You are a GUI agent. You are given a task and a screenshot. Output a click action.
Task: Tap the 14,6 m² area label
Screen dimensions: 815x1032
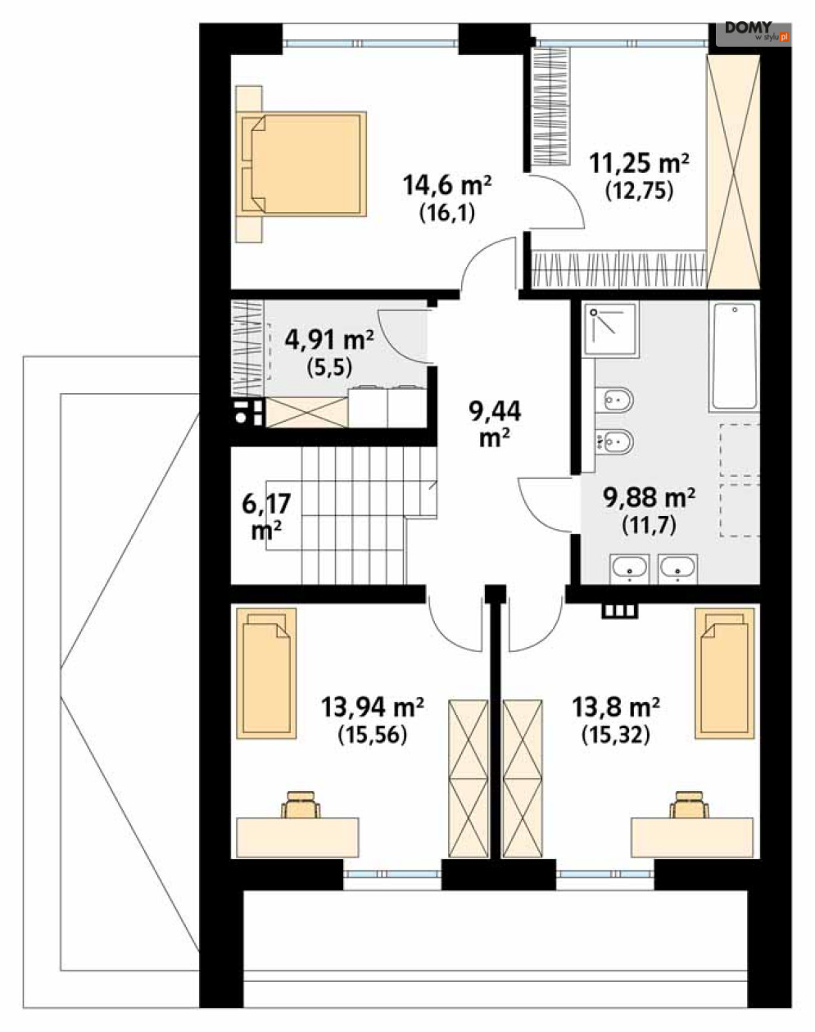click(447, 185)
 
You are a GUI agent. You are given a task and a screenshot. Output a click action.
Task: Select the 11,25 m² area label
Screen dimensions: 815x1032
click(639, 163)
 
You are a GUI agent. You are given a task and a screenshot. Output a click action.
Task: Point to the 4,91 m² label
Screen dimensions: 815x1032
click(329, 340)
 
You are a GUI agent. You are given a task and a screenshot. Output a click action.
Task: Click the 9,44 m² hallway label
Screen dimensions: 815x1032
click(495, 425)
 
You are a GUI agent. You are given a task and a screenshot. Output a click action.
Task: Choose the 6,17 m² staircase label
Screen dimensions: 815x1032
click(266, 517)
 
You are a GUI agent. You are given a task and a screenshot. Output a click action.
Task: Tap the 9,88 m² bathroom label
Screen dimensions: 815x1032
click(649, 497)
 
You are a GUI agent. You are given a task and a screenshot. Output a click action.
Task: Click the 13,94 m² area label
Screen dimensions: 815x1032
click(372, 707)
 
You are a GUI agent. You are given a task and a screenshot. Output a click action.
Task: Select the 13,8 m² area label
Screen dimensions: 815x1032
click(615, 707)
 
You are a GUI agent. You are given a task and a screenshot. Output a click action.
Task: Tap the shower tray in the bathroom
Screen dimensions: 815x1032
click(611, 329)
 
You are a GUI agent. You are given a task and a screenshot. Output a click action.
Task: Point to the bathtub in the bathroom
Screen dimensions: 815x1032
click(735, 356)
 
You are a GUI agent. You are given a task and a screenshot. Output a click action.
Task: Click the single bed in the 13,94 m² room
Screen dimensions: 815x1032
click(266, 673)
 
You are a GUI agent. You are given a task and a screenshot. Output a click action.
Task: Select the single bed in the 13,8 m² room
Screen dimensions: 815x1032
click(725, 673)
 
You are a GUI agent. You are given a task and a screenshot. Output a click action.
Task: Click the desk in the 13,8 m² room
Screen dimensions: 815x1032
click(692, 838)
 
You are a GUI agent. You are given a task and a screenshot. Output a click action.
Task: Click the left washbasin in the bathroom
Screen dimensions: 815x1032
click(629, 568)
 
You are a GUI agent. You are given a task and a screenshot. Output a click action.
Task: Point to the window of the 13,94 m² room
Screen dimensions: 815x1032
click(392, 874)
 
